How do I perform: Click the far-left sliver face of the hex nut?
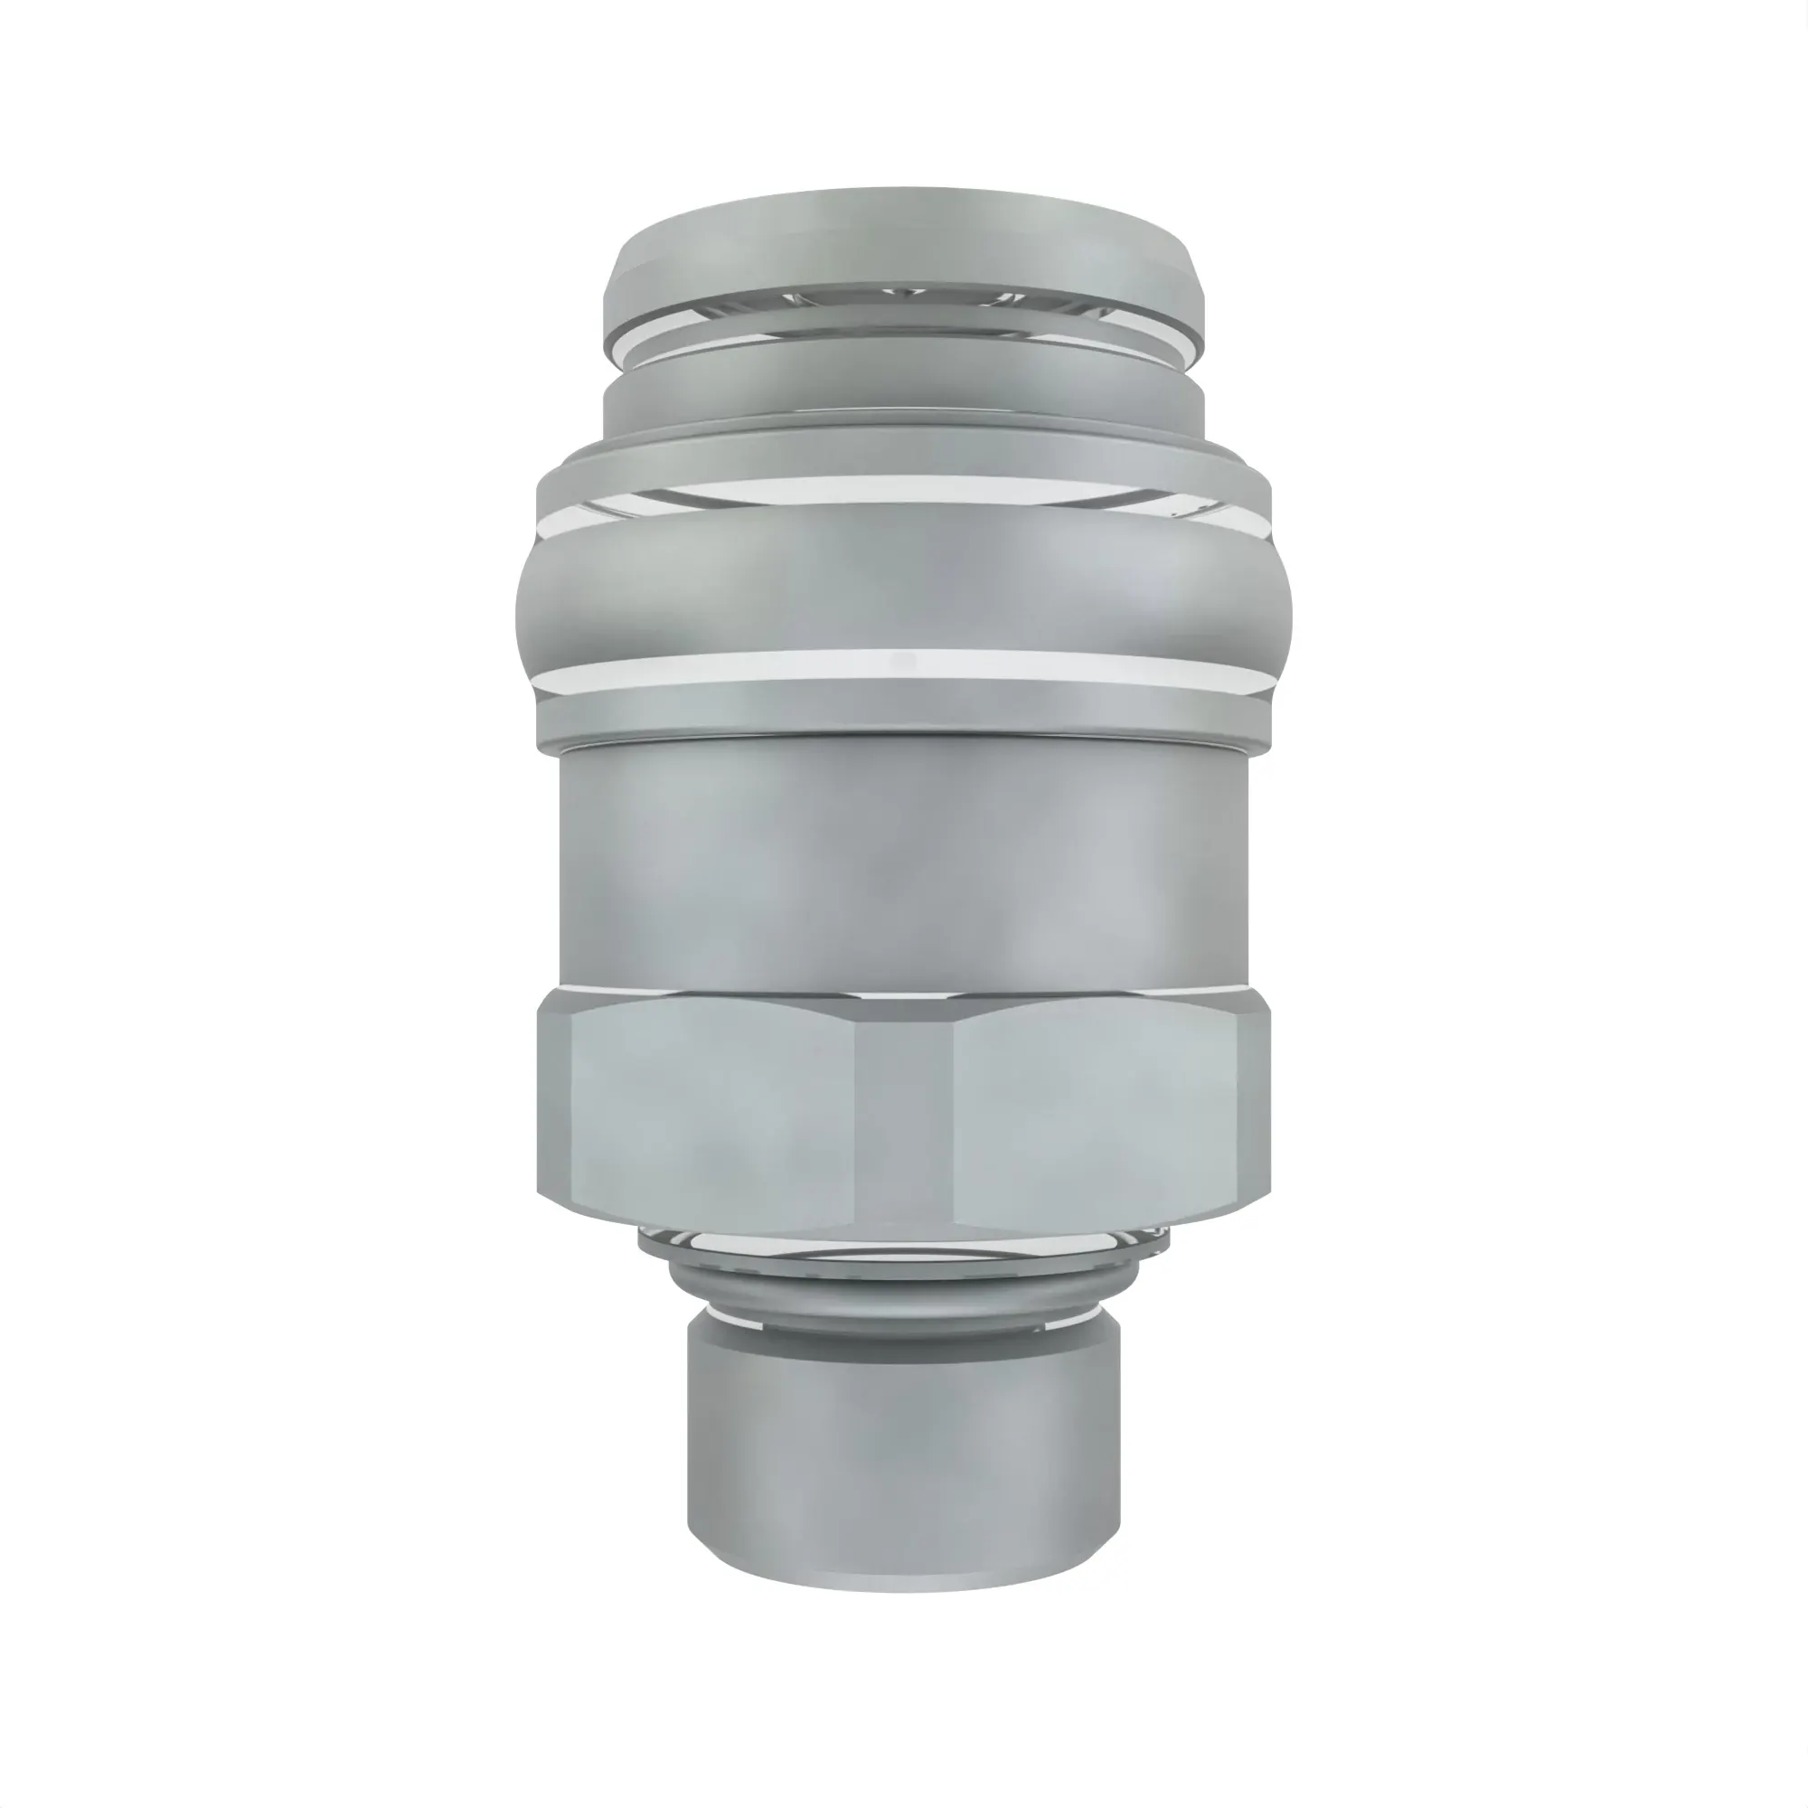click(x=552, y=1109)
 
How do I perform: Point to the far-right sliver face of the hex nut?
click(x=1254, y=1109)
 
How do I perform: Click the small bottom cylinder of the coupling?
click(x=903, y=1422)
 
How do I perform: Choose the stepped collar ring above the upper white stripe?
click(x=903, y=449)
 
